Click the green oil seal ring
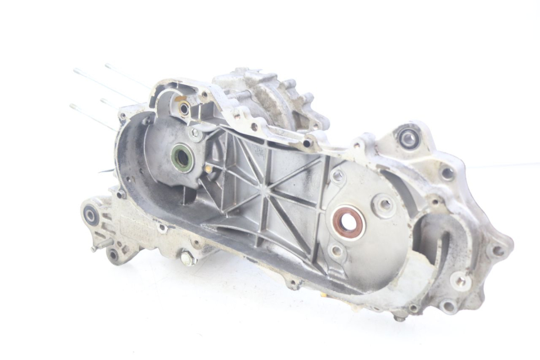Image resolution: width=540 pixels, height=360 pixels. (182, 156)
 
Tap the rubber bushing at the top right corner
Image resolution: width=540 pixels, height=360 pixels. (409, 136)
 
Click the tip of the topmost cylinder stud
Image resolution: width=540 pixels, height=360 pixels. (107, 65)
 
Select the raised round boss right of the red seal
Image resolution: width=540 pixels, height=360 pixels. (384, 204)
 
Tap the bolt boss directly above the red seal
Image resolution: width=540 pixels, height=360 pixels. (337, 177)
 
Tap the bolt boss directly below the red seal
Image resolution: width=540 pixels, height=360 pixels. (337, 251)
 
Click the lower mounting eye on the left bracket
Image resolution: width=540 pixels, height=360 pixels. (114, 254)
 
